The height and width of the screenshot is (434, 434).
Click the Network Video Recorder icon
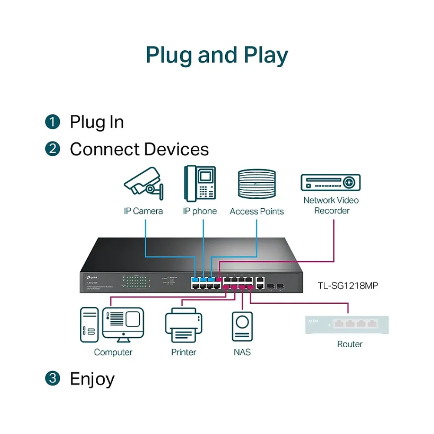coord(331,182)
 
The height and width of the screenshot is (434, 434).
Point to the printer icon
coord(184,325)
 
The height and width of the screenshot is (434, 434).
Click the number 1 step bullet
coord(53,122)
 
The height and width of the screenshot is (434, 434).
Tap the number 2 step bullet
coord(53,149)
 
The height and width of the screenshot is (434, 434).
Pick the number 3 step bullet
coord(53,378)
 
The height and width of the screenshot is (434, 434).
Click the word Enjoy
coord(92,379)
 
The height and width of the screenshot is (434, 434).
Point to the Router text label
coord(350,344)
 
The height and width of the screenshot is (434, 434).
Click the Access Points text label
coord(256,211)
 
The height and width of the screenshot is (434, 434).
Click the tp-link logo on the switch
coord(89,276)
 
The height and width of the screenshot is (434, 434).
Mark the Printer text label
coord(184,352)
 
